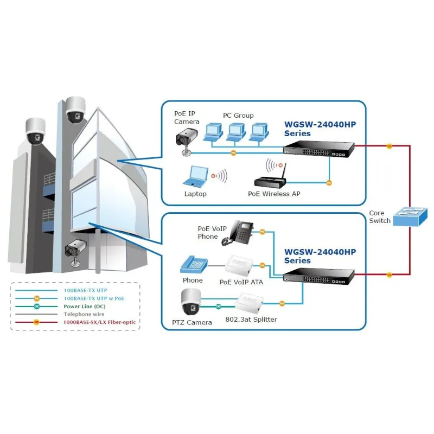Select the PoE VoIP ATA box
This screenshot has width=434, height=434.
coord(239,266)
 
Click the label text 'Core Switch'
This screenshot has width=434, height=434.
coord(380,217)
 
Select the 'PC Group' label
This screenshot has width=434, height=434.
coord(238,116)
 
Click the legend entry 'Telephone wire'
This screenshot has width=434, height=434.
coord(85,314)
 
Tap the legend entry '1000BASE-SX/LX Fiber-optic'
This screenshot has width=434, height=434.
coord(100,322)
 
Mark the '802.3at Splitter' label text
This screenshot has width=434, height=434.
coord(251,319)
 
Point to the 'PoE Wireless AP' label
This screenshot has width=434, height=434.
coord(274,194)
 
